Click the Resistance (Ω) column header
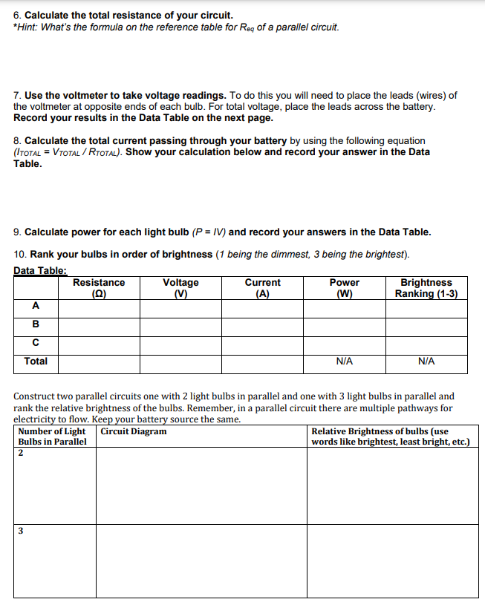click(x=99, y=288)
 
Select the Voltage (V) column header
click(x=180, y=288)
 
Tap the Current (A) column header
click(x=262, y=288)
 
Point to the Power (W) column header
click(x=344, y=288)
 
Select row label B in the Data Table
click(x=36, y=325)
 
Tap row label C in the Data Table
click(x=36, y=344)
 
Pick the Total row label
click(x=36, y=362)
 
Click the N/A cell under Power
click(x=344, y=362)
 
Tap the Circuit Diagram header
click(x=134, y=431)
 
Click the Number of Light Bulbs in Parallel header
click(x=52, y=436)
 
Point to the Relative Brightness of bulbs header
click(x=390, y=436)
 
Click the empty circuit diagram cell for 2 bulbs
click(x=201, y=485)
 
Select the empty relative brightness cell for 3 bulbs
click(x=392, y=560)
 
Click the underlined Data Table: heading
click(x=40, y=271)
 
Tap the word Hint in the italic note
click(x=27, y=27)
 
